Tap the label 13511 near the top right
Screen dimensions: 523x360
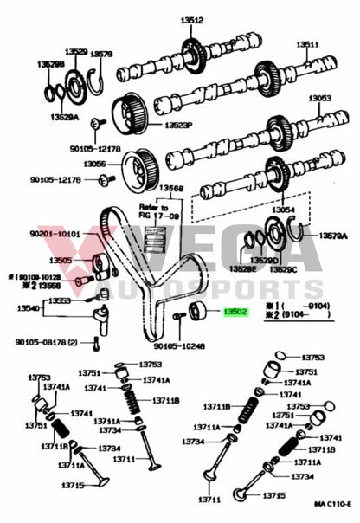308,44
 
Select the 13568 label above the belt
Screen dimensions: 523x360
170,188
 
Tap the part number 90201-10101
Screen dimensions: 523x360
57,234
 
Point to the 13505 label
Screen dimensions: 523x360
60,260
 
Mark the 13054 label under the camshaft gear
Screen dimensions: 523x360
285,210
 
